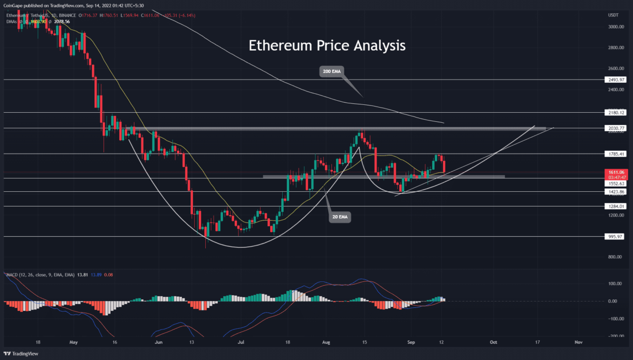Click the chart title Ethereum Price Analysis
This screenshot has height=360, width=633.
(327, 46)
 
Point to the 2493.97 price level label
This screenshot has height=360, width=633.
(615, 80)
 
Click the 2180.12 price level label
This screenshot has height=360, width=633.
(615, 113)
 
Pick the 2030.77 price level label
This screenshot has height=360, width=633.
(615, 128)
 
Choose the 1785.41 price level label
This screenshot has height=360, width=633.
(615, 154)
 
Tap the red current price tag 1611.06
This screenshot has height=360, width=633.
(615, 172)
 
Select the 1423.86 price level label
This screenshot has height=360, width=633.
(615, 192)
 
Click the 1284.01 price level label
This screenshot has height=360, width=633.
(615, 207)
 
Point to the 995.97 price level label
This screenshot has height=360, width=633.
(615, 237)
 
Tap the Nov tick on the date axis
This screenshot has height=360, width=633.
(578, 342)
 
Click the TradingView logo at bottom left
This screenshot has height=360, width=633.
(24, 353)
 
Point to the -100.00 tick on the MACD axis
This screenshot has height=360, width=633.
(612, 319)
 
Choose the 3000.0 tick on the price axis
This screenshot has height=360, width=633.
(612, 26)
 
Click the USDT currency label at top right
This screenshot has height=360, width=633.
(612, 15)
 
